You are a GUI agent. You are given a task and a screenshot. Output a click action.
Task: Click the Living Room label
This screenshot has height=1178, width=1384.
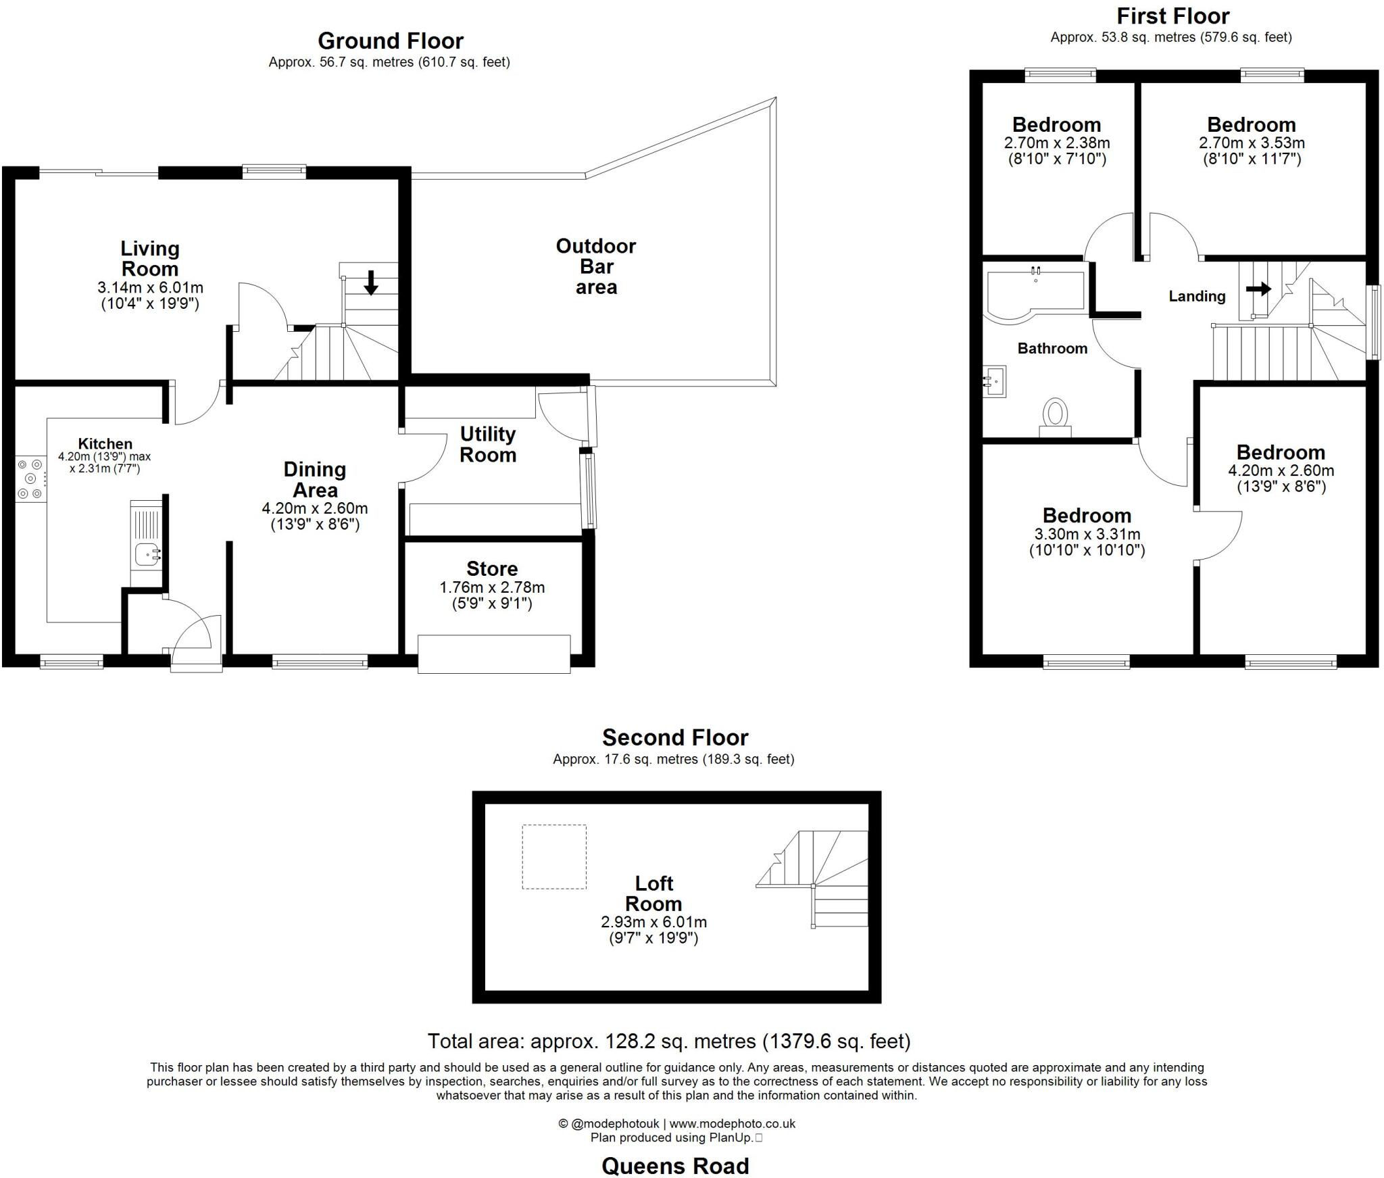(149, 259)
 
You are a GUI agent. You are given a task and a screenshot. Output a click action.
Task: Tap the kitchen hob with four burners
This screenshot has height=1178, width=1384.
(30, 479)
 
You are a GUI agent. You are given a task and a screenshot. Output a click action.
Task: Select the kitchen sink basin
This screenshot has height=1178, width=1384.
(146, 554)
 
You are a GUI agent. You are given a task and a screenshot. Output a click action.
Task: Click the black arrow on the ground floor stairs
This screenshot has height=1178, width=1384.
(370, 283)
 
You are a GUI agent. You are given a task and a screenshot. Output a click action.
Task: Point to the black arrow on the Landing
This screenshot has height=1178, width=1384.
(1258, 289)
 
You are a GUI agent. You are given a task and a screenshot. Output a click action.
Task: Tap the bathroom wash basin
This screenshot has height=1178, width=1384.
(995, 381)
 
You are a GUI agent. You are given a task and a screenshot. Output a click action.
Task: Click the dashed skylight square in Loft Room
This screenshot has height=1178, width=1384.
(554, 856)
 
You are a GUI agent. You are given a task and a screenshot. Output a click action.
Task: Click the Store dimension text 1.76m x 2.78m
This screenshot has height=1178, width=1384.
(492, 587)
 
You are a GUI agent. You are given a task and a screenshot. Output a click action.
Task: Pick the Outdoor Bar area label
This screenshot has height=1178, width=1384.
(595, 266)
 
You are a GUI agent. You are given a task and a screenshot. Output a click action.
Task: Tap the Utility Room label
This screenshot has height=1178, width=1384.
(488, 444)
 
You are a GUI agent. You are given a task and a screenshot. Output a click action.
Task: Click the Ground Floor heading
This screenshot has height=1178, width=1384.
(391, 41)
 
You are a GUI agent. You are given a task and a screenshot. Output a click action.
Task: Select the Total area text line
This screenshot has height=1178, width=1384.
(669, 1041)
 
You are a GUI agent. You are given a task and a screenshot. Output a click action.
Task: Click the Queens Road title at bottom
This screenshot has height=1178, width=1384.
(675, 1166)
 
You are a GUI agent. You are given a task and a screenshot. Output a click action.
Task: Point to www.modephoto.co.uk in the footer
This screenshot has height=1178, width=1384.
(733, 1124)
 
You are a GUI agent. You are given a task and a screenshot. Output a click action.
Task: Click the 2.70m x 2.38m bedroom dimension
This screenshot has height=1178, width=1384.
(1057, 143)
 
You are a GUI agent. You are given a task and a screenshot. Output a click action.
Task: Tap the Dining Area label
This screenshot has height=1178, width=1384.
(315, 479)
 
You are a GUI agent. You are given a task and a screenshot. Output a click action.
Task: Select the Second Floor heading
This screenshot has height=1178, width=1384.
(675, 737)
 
